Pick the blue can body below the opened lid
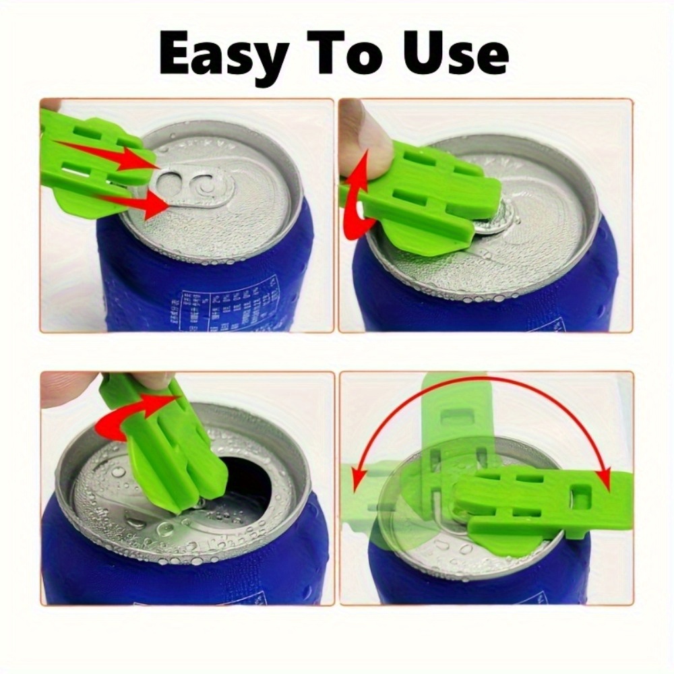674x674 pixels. pos(168,573)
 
